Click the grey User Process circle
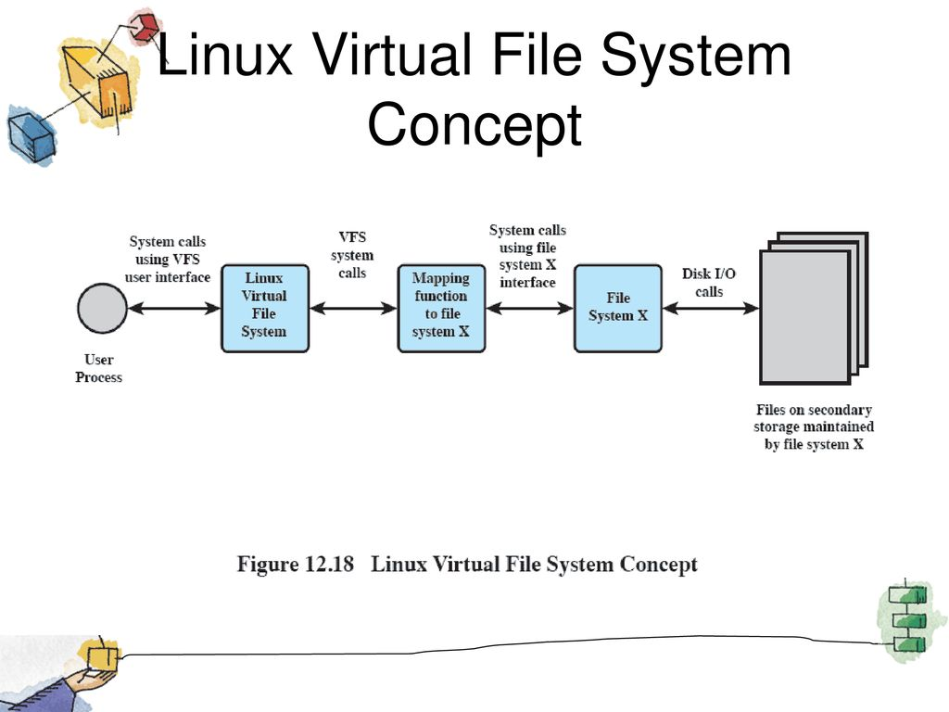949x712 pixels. [102, 310]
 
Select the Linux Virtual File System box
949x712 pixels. [264, 308]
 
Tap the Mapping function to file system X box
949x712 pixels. [441, 308]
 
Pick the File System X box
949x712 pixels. [617, 308]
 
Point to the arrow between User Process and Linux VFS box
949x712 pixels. [174, 309]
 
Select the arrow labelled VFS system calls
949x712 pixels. [353, 309]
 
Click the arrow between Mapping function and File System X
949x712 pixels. [529, 309]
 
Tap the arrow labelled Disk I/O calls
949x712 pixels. [710, 309]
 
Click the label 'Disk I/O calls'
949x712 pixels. [709, 282]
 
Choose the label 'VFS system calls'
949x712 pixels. [352, 255]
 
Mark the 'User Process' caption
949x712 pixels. [99, 368]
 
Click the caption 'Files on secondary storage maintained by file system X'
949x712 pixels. [813, 426]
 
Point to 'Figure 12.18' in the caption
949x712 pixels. [296, 564]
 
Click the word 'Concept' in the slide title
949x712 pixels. [474, 125]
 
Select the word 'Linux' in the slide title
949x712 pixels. [227, 56]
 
